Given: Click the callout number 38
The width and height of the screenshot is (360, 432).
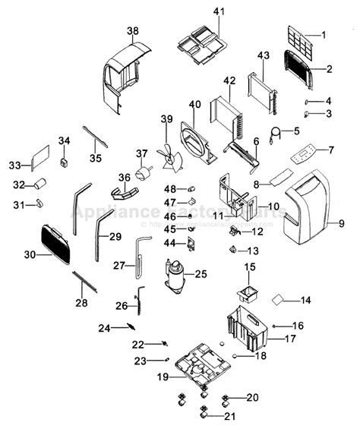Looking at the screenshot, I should [x=133, y=31].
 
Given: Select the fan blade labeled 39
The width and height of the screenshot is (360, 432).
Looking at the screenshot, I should [x=169, y=158].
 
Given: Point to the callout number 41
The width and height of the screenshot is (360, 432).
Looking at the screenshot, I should [x=219, y=11].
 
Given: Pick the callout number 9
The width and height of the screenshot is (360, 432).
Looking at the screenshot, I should [x=341, y=223].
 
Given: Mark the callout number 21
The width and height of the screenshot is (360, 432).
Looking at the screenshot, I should [x=231, y=416].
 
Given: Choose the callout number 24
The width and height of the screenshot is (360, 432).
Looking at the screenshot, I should [x=103, y=328].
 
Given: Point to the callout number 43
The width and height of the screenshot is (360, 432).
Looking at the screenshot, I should [x=264, y=56].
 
